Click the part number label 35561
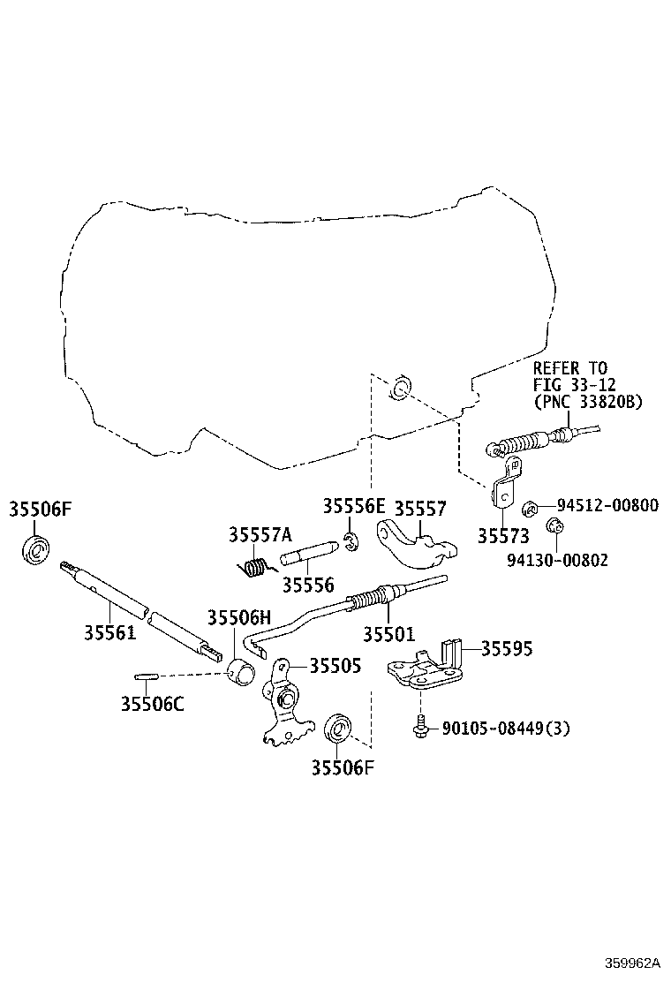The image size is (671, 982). click(x=110, y=633)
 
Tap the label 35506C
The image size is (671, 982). click(x=153, y=704)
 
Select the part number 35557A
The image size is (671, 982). click(x=260, y=534)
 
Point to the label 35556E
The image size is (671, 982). click(x=354, y=506)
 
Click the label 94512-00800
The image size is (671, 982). click(x=607, y=505)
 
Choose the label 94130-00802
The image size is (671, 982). click(x=557, y=559)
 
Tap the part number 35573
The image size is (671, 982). click(x=503, y=536)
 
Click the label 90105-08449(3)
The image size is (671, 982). click(x=507, y=729)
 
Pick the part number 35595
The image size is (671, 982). click(x=507, y=648)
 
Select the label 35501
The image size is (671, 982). click(x=388, y=634)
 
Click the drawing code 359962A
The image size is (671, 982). click(x=633, y=962)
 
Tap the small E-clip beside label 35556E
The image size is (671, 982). click(x=350, y=541)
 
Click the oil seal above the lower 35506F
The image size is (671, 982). click(x=339, y=729)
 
